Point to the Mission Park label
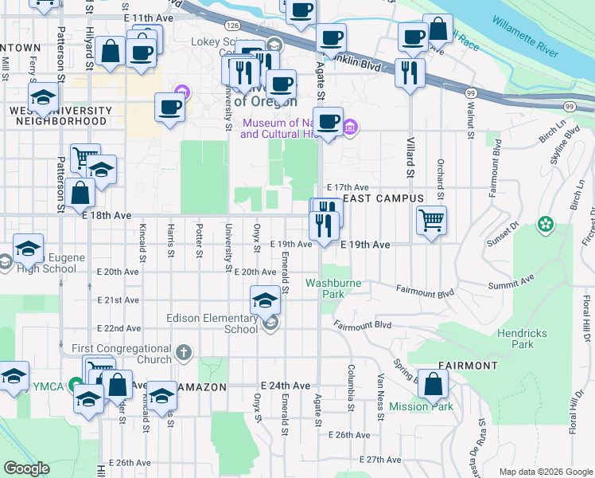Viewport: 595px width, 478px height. pyautogui.click(x=421, y=406)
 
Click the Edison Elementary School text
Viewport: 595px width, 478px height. pyautogui.click(x=212, y=323)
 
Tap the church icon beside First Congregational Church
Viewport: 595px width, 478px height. pyautogui.click(x=184, y=351)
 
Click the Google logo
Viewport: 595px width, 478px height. pyautogui.click(x=26, y=468)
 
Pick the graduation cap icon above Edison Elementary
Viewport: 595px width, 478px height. pyautogui.click(x=265, y=300)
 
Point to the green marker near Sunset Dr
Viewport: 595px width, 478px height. pyautogui.click(x=546, y=225)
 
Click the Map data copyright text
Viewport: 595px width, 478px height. pyautogui.click(x=545, y=472)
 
